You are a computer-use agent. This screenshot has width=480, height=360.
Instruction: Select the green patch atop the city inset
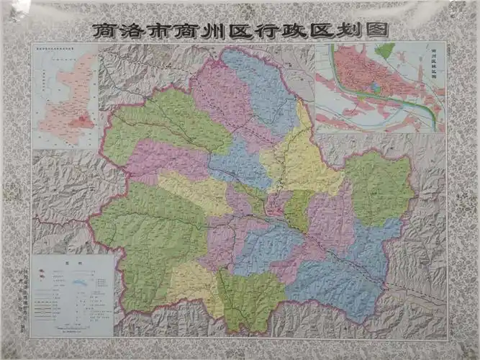tap(386, 50)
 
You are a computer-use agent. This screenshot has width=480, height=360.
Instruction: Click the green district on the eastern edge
tap(378, 187)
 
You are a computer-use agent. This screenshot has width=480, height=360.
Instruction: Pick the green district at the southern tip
tap(252, 299)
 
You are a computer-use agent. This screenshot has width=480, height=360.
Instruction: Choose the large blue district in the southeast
tap(338, 284)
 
